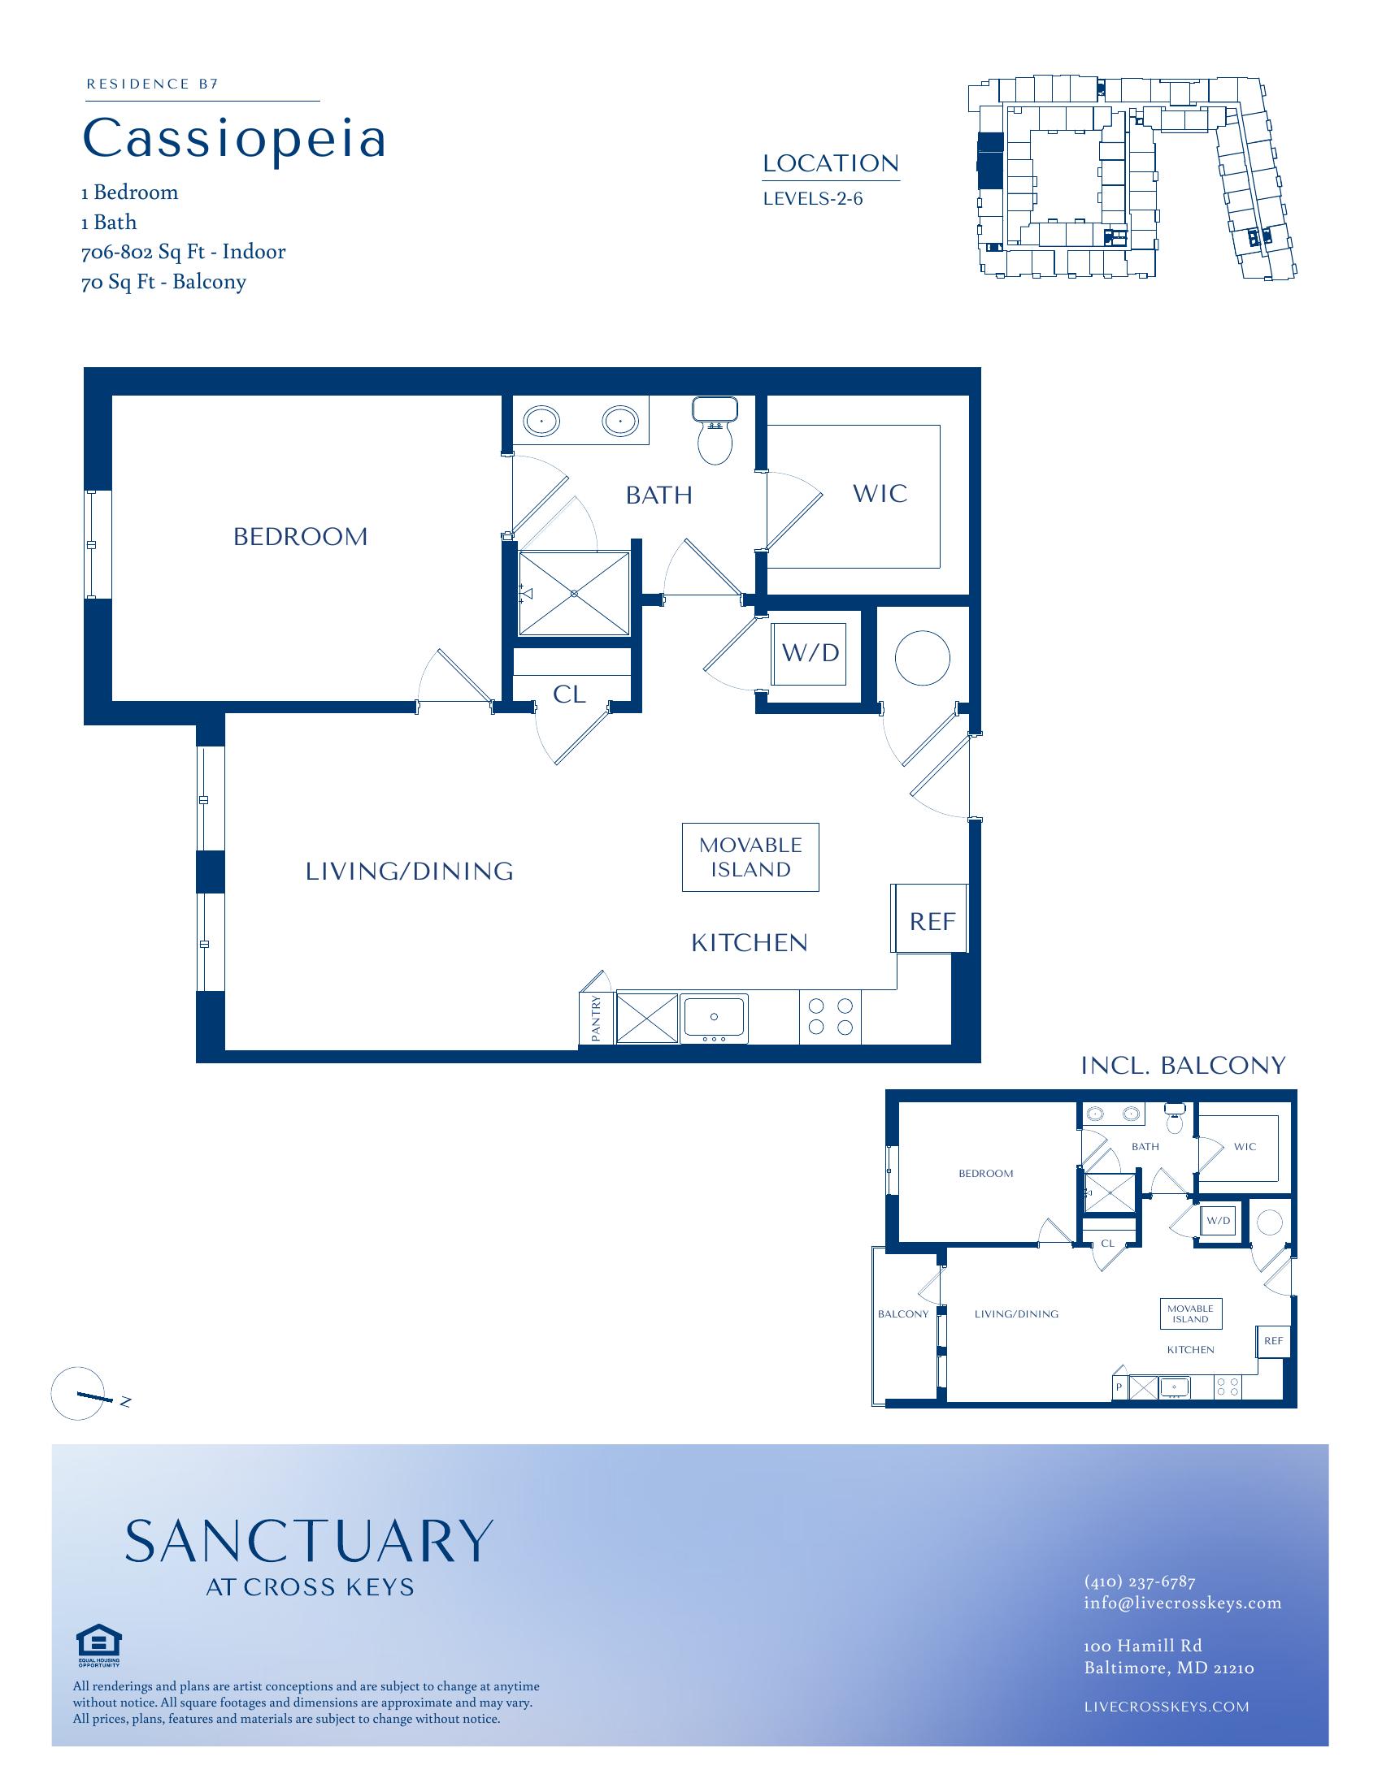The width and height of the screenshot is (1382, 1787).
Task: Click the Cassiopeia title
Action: tap(234, 140)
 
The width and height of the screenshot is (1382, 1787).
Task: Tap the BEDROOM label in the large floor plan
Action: tap(301, 537)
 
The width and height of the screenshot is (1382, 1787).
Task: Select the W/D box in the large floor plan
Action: tap(811, 653)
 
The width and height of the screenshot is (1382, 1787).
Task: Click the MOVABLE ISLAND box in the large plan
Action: tap(751, 857)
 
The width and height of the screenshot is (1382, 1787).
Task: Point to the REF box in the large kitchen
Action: tap(930, 918)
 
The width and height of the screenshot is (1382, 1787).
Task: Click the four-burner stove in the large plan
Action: tap(830, 1016)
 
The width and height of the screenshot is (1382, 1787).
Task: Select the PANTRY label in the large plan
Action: tap(596, 1018)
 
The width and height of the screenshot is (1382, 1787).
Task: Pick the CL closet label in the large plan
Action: tap(569, 694)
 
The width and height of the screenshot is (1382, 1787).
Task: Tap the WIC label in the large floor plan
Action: tap(880, 493)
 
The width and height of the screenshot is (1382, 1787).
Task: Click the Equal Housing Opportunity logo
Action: tap(98, 1645)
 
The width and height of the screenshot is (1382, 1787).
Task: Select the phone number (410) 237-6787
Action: tap(1140, 1581)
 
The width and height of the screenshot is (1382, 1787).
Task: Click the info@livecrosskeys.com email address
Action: tap(1182, 1603)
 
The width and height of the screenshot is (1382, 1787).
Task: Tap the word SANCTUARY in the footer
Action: tap(309, 1542)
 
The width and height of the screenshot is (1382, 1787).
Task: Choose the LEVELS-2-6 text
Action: tap(813, 198)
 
